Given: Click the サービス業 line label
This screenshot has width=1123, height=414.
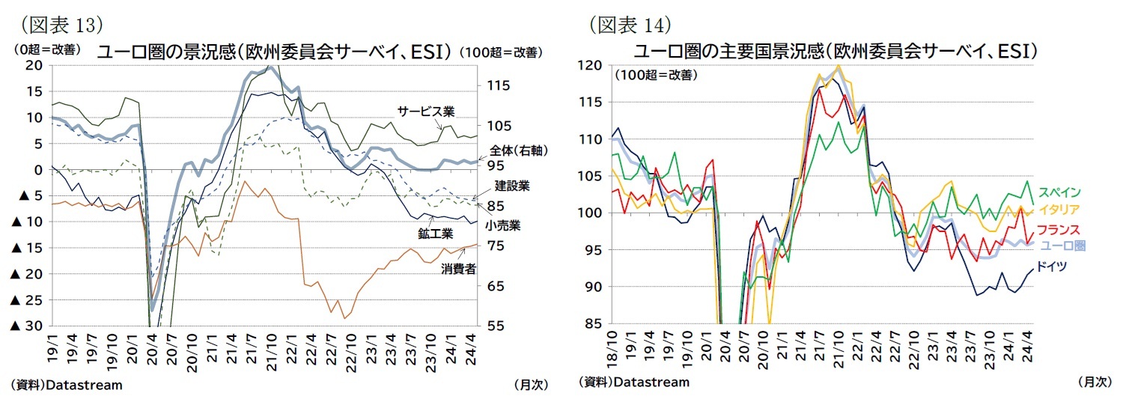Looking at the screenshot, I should pyautogui.click(x=426, y=112).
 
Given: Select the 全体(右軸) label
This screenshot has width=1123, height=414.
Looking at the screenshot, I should pyautogui.click(x=512, y=150).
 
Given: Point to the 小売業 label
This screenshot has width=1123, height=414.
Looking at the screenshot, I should pyautogui.click(x=502, y=225).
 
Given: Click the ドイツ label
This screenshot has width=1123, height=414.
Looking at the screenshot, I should pyautogui.click(x=1052, y=266).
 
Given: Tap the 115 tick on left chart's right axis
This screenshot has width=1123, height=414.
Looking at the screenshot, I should pyautogui.click(x=498, y=85).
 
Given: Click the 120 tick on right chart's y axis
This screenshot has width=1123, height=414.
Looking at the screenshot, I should pyautogui.click(x=591, y=65).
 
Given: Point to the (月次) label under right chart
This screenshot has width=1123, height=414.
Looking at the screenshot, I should pyautogui.click(x=1094, y=381).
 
